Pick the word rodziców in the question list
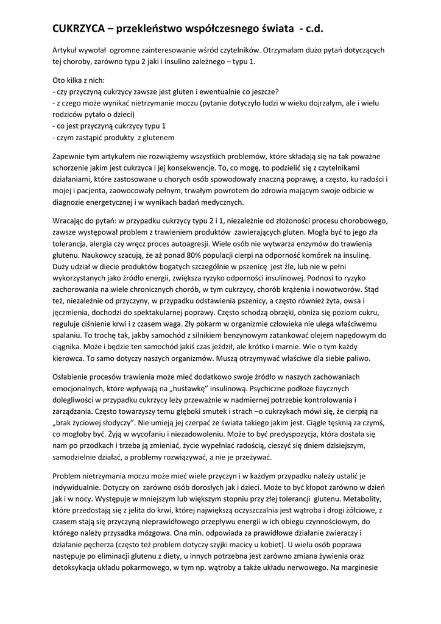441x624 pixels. point(68,115)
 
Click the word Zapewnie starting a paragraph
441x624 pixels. point(71,157)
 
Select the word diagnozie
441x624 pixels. point(71,202)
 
